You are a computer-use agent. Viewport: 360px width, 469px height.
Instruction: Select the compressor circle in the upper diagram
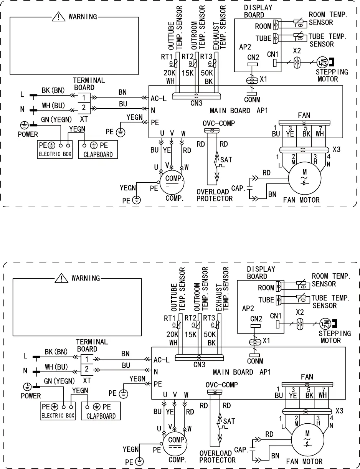click(x=171, y=182)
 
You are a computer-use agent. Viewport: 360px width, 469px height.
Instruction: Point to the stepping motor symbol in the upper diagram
click(x=322, y=62)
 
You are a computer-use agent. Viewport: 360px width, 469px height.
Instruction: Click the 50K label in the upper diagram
click(x=208, y=73)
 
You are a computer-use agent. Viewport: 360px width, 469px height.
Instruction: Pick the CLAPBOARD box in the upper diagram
click(x=97, y=149)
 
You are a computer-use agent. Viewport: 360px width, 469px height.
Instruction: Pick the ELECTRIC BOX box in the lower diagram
click(x=59, y=410)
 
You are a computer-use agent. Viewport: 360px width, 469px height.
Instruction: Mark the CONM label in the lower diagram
click(x=255, y=361)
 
